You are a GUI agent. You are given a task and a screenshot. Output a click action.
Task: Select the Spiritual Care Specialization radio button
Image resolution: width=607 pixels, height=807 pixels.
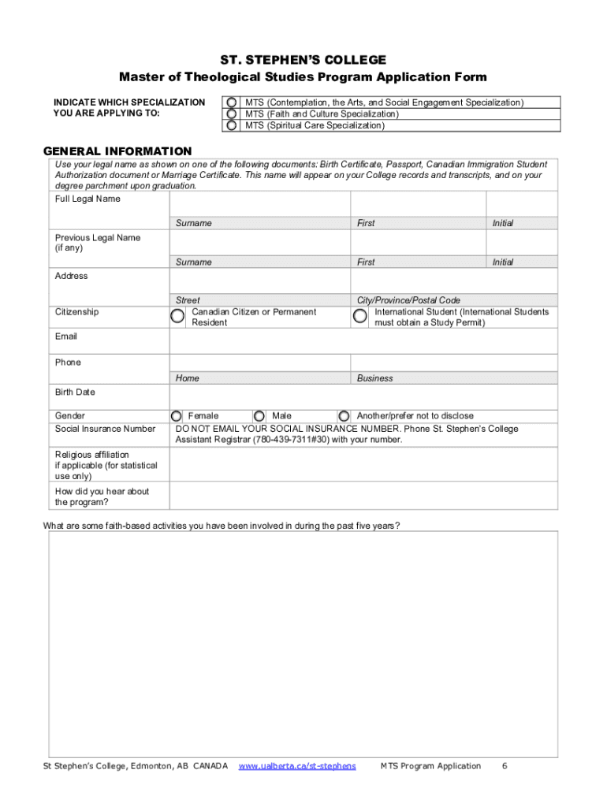click(231, 125)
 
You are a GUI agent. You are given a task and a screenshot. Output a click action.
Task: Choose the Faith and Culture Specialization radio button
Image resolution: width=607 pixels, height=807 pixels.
click(231, 114)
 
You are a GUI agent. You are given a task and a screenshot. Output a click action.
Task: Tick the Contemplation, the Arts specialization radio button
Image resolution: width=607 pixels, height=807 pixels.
click(231, 102)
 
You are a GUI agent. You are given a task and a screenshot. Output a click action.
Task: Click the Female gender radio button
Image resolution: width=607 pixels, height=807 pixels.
click(177, 416)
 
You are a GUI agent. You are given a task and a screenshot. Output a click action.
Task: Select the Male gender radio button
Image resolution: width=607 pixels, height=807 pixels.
click(259, 416)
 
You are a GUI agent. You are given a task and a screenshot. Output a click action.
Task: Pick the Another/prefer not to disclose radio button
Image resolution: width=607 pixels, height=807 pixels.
click(344, 416)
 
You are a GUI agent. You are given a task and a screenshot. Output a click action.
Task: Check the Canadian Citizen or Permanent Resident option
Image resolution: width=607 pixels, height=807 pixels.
click(178, 317)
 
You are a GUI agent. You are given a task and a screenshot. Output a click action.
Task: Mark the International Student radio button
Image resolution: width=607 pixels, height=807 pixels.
click(359, 317)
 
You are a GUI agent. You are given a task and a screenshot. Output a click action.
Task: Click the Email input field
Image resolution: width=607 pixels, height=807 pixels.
click(363, 341)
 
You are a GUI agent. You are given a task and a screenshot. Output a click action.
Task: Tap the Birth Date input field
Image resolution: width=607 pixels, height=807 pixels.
click(363, 396)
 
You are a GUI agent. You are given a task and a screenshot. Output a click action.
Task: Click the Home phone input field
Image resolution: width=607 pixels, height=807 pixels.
click(260, 363)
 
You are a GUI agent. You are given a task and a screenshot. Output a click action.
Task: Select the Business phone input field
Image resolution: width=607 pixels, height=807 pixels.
click(454, 363)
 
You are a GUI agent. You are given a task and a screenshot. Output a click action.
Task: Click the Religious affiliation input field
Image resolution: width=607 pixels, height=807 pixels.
click(363, 465)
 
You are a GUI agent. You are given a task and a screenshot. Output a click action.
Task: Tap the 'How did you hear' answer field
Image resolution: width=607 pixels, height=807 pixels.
click(363, 496)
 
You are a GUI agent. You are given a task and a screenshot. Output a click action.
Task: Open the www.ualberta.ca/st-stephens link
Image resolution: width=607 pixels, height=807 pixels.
click(297, 766)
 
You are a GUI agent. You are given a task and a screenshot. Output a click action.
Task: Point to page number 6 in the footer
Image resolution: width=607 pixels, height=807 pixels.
click(504, 766)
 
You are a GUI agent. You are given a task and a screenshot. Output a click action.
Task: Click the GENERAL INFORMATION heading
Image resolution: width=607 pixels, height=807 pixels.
click(117, 151)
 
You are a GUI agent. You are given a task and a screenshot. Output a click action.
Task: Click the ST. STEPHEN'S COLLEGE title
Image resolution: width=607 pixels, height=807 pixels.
click(303, 60)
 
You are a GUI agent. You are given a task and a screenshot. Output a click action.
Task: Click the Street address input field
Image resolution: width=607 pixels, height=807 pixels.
click(260, 281)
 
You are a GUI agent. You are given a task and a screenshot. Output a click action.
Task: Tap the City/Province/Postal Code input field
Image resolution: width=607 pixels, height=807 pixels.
click(454, 281)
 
